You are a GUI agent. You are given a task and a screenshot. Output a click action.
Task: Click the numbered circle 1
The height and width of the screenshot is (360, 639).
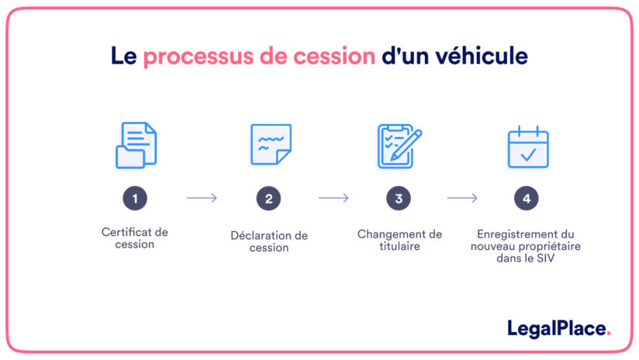tap(135, 199)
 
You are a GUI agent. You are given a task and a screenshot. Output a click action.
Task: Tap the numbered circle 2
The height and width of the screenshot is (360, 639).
tap(268, 199)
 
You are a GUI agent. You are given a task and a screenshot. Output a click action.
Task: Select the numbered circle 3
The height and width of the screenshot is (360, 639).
tap(399, 199)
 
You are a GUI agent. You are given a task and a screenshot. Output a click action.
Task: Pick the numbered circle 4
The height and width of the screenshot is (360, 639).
tap(527, 199)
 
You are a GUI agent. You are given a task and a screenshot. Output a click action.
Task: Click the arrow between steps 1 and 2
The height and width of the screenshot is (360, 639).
tap(202, 199)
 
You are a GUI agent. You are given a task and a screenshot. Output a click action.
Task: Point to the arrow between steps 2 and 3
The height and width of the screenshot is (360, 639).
tap(333, 199)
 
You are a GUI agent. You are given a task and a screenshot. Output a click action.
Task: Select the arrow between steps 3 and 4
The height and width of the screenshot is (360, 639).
tap(462, 199)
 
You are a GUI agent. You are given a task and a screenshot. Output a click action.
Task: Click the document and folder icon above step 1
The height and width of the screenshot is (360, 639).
tap(136, 145)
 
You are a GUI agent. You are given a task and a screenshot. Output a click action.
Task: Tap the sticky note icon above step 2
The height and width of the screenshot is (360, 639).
tap(271, 144)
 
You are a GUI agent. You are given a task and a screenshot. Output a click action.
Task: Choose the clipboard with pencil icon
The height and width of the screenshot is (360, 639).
tap(399, 145)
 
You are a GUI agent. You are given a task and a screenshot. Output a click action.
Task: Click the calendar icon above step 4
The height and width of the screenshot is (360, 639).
tap(527, 147)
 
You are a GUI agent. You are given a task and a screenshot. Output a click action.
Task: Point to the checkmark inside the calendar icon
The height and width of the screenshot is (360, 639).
tap(528, 154)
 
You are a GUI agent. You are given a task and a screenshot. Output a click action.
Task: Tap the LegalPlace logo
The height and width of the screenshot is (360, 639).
tap(558, 328)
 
